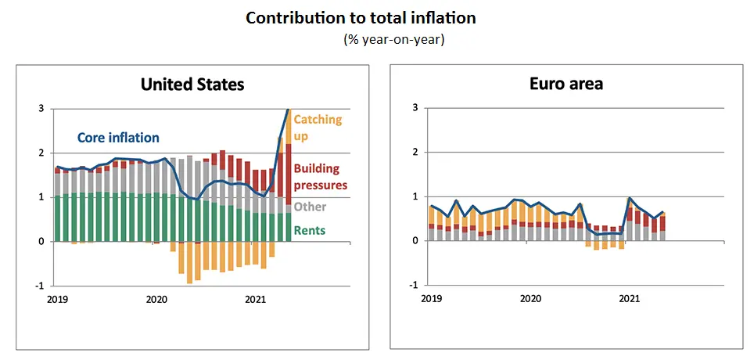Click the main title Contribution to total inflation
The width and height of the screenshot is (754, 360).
pos(361,17)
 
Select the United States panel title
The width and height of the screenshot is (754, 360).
pos(192,85)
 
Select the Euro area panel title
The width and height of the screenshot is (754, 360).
pos(565,84)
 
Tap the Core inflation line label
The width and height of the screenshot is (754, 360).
pos(118,138)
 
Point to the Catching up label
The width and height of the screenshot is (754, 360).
pos(318,127)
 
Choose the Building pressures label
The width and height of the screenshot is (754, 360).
pos(320,177)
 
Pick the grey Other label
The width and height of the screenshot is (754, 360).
pos(310,207)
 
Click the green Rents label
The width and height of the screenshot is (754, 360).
pos(310,231)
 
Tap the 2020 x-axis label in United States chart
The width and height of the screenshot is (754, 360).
pos(156,299)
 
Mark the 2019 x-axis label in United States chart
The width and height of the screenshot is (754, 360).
pos(57,299)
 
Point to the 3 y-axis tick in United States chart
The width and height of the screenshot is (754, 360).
pos(41,109)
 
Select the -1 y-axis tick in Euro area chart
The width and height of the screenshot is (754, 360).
pos(411,285)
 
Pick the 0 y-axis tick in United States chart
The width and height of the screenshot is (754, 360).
pos(41,242)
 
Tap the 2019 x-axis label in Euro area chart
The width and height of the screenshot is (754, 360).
pos(431,299)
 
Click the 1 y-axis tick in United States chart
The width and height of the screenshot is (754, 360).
pos(41,197)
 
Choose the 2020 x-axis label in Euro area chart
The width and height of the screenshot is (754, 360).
pos(530,299)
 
